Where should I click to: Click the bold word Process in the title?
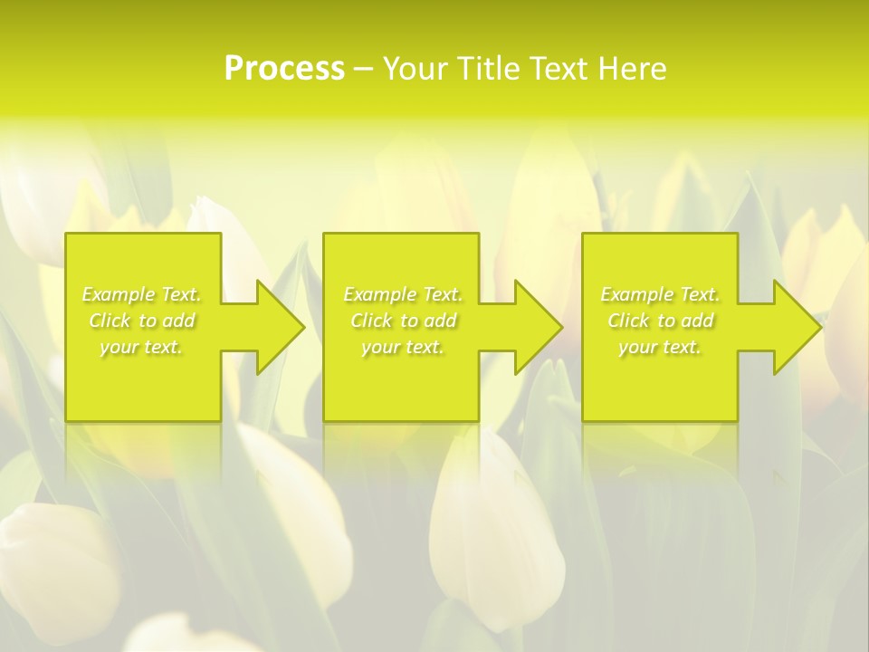284,69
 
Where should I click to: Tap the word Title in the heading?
493,69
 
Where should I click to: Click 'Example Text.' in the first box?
141,294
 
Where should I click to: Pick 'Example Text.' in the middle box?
403,294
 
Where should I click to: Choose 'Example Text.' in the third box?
660,294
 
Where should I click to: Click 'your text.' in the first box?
141,347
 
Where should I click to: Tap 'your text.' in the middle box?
403,347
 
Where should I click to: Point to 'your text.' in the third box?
660,347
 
